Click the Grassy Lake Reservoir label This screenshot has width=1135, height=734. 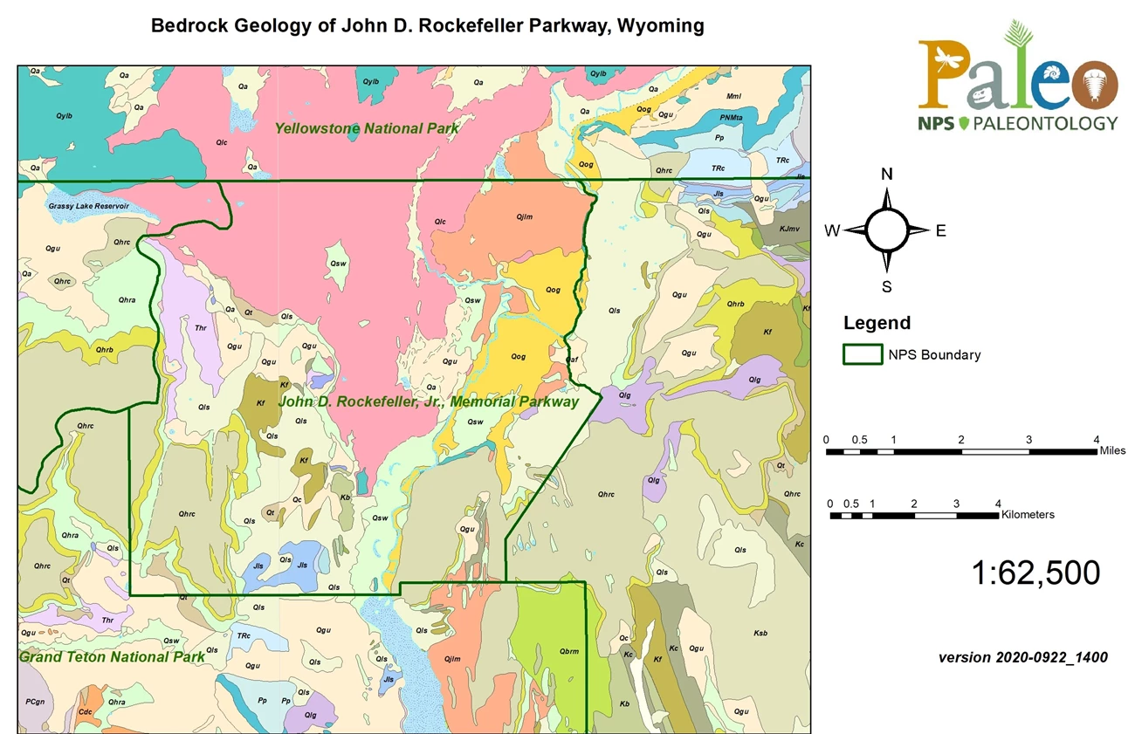(x=89, y=206)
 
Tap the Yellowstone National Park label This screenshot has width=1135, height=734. (x=367, y=128)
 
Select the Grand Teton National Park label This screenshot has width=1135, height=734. (x=112, y=656)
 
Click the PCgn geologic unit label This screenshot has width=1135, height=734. (x=35, y=702)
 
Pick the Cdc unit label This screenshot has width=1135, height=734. (x=86, y=711)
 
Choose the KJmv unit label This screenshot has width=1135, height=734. (x=788, y=229)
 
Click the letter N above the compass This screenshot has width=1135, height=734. (x=886, y=174)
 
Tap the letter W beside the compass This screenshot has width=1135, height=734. (x=833, y=230)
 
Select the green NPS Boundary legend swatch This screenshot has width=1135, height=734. (x=862, y=354)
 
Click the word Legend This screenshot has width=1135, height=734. (x=877, y=323)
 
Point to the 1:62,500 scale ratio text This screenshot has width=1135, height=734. (x=1035, y=573)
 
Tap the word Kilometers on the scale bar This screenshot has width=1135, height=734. (x=1028, y=514)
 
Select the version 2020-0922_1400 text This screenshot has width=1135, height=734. (x=1022, y=657)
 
